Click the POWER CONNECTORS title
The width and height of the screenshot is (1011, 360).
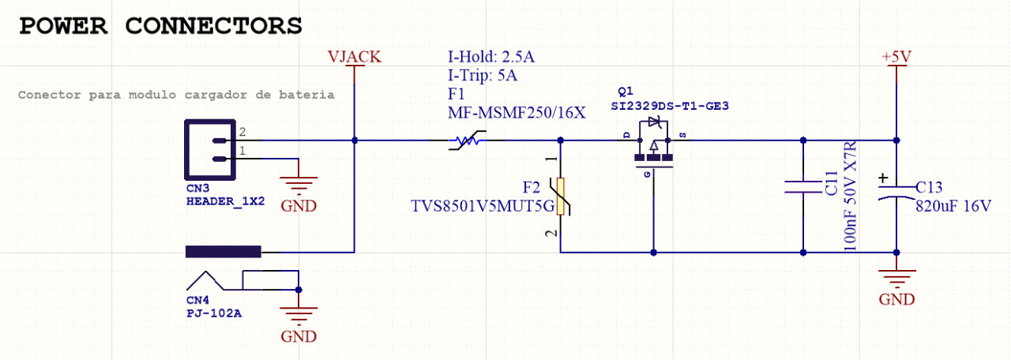pyautogui.click(x=160, y=25)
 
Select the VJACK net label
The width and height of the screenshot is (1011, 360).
pyautogui.click(x=355, y=57)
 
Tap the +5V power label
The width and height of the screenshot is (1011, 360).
pyautogui.click(x=896, y=57)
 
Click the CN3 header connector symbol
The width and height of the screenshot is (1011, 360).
pyautogui.click(x=210, y=149)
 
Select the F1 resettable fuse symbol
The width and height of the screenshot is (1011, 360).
pyautogui.click(x=466, y=141)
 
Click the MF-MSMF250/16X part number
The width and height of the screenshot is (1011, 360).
pyautogui.click(x=517, y=112)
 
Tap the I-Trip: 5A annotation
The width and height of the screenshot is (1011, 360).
pyautogui.click(x=483, y=76)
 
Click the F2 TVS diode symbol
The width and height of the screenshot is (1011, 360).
pyautogui.click(x=561, y=197)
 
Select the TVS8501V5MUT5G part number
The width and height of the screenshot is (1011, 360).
pyautogui.click(x=475, y=207)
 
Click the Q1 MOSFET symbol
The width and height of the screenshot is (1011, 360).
pyautogui.click(x=653, y=146)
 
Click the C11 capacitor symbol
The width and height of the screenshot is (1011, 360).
pyautogui.click(x=802, y=187)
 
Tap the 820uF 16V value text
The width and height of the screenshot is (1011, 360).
pyautogui.click(x=953, y=207)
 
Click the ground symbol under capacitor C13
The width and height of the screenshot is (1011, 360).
pyautogui.click(x=896, y=279)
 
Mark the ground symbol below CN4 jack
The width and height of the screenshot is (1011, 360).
pyautogui.click(x=298, y=316)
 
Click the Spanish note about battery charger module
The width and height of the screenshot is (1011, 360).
pyautogui.click(x=175, y=95)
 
